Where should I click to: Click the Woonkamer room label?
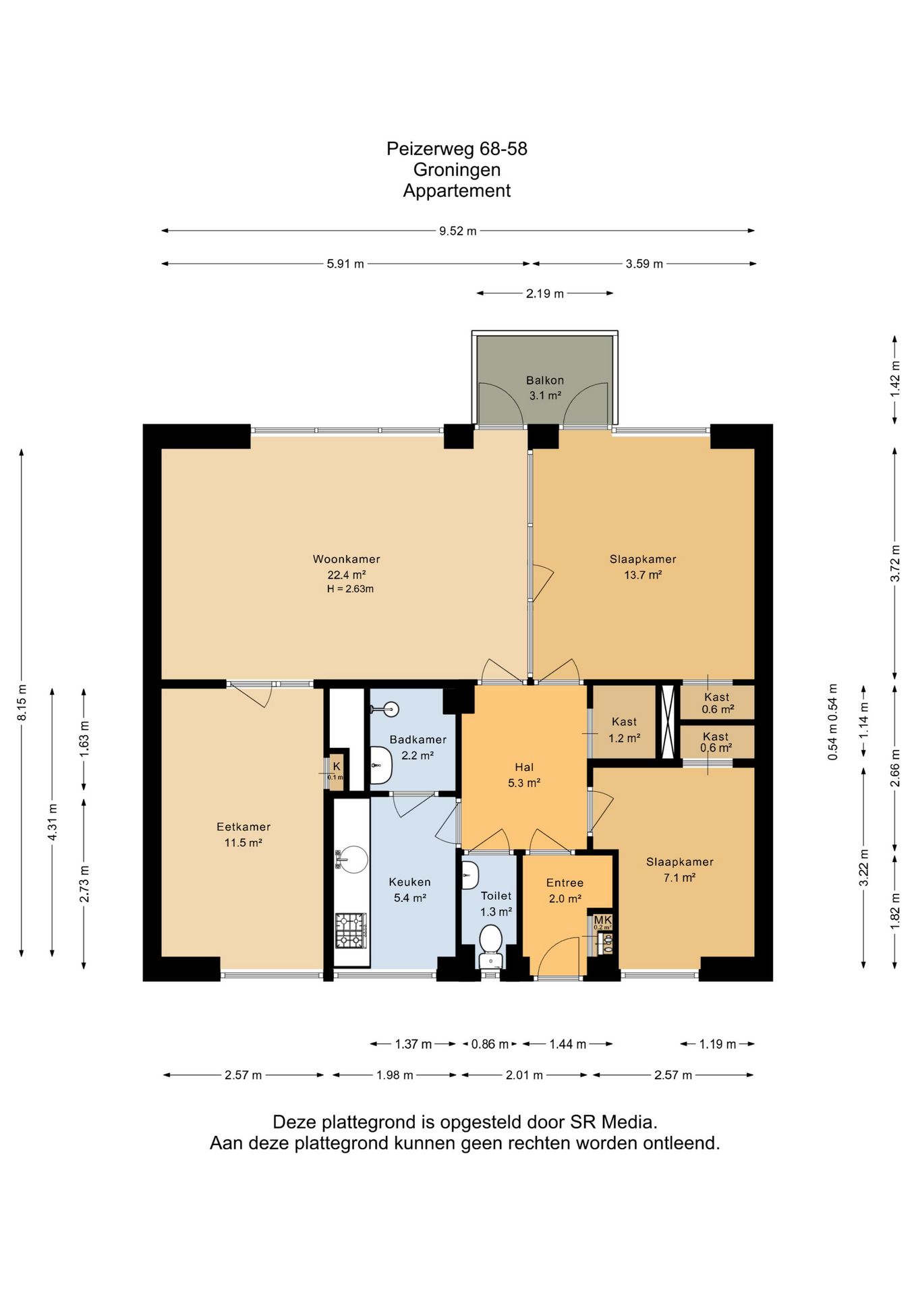[346, 559]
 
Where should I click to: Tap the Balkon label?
[545, 380]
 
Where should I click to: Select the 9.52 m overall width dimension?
[458, 231]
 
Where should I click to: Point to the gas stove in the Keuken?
[351, 931]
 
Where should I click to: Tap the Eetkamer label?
[244, 827]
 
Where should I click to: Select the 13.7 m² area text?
[643, 575]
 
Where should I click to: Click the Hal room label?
[524, 768]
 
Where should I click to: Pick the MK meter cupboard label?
[602, 920]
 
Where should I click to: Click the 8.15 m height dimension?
[22, 702]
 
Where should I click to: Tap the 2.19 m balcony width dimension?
[545, 293]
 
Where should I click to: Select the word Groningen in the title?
[457, 170]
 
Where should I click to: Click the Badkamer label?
[418, 740]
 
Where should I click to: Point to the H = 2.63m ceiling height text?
[350, 589]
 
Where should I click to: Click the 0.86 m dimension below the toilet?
[490, 1044]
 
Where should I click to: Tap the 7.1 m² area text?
[679, 877]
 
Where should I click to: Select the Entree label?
[565, 883]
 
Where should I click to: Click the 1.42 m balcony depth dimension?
[895, 379]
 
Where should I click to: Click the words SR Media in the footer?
[614, 1122]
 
